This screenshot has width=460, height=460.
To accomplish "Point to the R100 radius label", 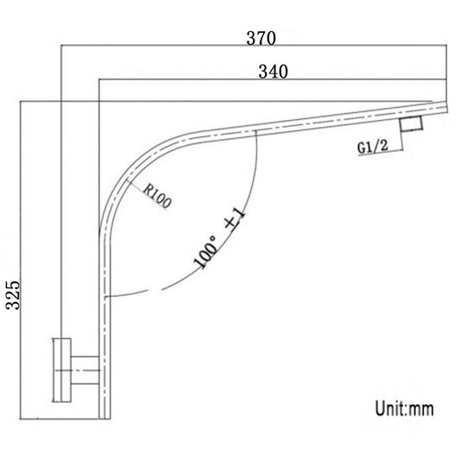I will pyautogui.click(x=160, y=197).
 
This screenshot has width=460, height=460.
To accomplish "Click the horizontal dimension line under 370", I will pyautogui.click(x=250, y=47).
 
